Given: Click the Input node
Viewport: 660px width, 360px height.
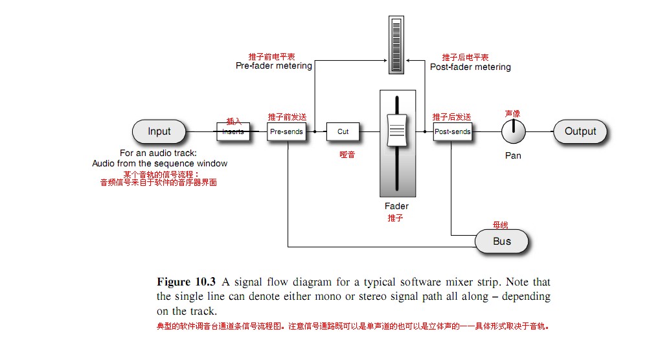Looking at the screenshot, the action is point(159,131).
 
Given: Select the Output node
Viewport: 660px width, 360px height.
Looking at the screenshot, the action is point(580,131).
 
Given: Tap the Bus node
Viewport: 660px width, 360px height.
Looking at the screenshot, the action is point(501,242).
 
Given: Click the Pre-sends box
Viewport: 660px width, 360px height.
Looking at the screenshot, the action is point(287,131).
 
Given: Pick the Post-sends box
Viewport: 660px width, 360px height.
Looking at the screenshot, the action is point(453,131).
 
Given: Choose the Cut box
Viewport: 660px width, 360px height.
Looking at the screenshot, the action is point(343,131).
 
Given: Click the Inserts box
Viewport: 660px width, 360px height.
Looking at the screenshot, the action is point(233,131).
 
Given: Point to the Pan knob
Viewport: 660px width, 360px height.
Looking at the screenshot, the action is point(514,131).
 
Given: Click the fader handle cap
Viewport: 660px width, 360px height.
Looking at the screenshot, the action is point(397,130).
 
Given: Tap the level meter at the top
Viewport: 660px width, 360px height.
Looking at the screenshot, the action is point(396,45).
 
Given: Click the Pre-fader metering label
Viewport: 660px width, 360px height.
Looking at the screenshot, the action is point(274,65).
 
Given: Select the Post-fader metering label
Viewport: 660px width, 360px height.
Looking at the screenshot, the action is point(470,67).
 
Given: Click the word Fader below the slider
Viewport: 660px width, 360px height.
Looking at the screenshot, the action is point(396,206).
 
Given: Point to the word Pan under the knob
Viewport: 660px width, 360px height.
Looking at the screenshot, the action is point(513,155).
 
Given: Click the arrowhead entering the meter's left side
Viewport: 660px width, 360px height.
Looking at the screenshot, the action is point(385,61).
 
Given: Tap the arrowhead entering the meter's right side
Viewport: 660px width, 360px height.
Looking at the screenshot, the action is point(408,61).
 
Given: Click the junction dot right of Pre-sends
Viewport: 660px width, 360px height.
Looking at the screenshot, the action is point(315,131).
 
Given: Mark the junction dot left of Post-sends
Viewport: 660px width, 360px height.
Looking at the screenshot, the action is point(425,131).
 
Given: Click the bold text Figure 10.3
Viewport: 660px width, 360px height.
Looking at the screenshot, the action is point(186,282).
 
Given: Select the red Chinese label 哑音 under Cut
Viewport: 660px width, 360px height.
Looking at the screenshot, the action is point(347,155).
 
